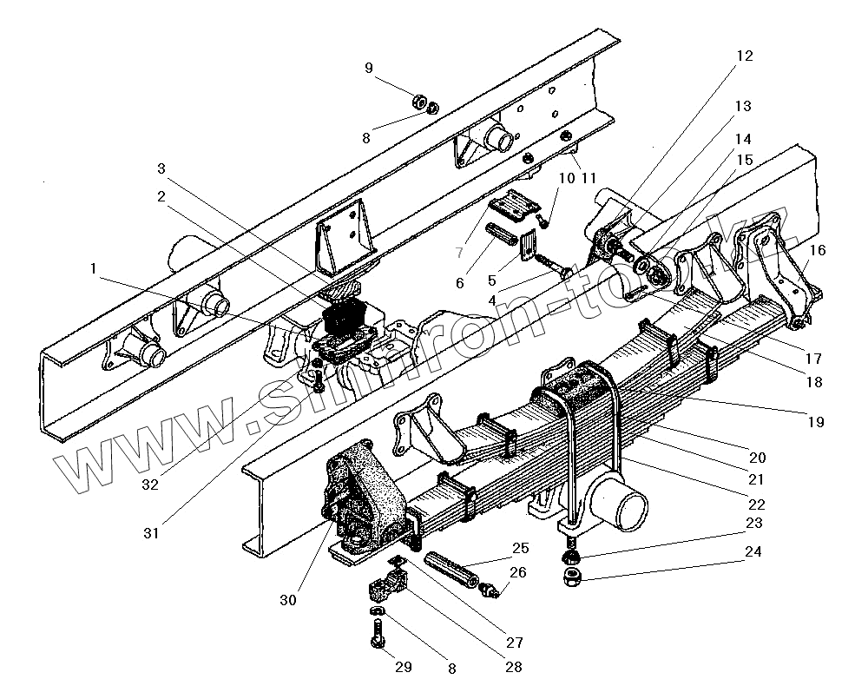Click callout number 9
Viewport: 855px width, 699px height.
pyautogui.click(x=369, y=68)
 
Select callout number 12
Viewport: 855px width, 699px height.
pyautogui.click(x=745, y=56)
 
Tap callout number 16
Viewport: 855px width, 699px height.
pyautogui.click(x=817, y=250)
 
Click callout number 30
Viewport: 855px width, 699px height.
pyautogui.click(x=287, y=599)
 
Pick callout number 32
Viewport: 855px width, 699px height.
pyautogui.click(x=150, y=485)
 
